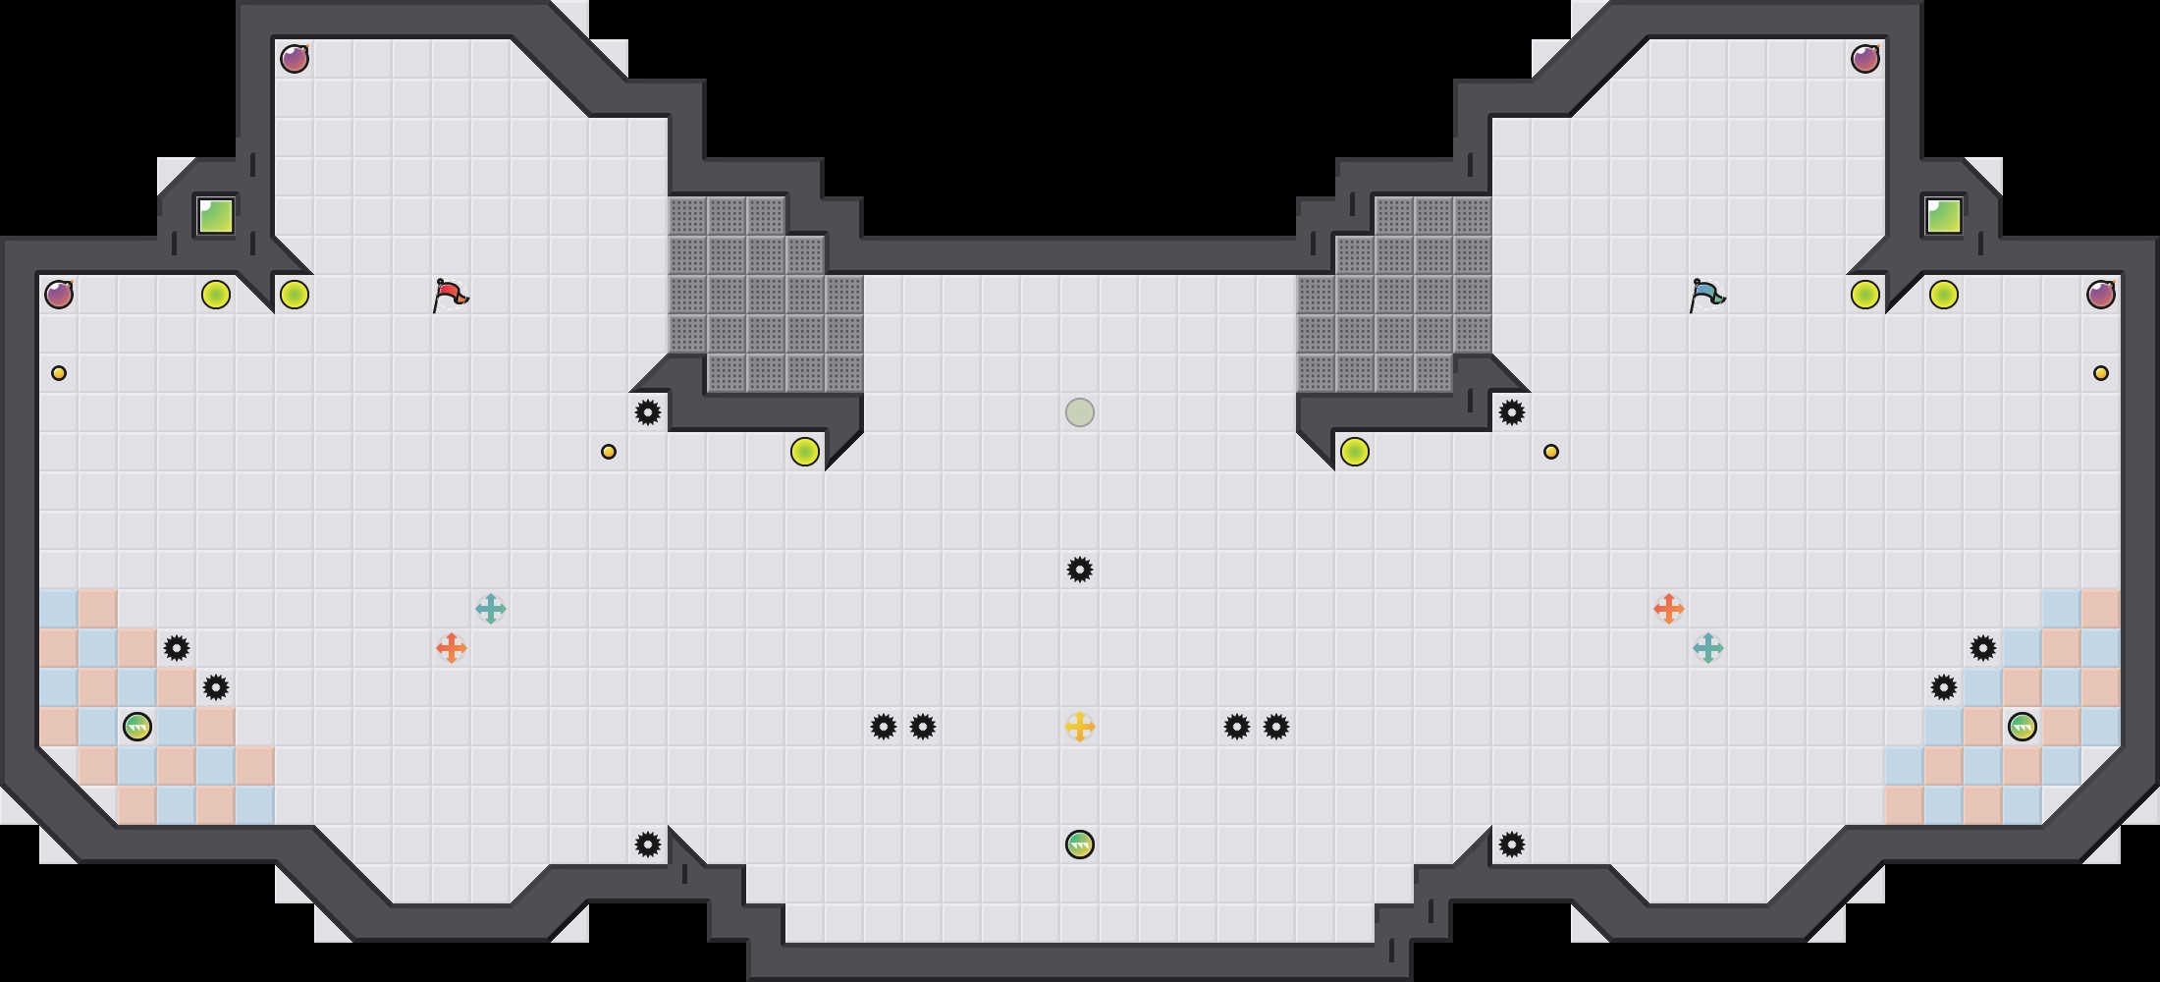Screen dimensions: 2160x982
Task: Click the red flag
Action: pos(450,295)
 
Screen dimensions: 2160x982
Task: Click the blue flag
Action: pos(1706,295)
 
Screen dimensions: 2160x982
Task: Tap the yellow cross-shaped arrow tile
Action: pos(1080,727)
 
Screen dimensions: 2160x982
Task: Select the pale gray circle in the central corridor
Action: pos(1080,412)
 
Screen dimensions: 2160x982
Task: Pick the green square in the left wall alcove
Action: pos(216,216)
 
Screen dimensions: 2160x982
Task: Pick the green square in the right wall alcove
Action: pos(1944,216)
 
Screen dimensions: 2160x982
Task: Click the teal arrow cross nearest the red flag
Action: pos(491,609)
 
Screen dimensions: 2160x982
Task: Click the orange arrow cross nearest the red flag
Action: pos(452,648)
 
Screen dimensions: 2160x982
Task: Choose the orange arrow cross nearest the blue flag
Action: pos(1669,609)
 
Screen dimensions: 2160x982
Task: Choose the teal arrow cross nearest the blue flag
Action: pos(1708,648)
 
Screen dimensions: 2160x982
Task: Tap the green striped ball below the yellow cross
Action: pos(1080,845)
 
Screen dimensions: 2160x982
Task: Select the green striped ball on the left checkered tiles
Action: pos(137,727)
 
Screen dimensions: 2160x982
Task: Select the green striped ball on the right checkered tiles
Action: pos(2023,727)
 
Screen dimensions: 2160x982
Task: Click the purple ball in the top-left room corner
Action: pos(295,59)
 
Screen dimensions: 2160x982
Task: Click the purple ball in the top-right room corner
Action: pos(1865,59)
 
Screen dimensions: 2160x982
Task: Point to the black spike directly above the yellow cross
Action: pos(1080,570)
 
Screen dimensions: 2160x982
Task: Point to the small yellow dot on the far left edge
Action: pos(59,373)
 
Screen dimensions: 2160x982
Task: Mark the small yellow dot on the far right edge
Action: pos(2101,373)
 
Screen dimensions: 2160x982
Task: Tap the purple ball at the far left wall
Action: pos(59,295)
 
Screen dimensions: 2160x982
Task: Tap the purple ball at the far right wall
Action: pos(2101,295)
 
